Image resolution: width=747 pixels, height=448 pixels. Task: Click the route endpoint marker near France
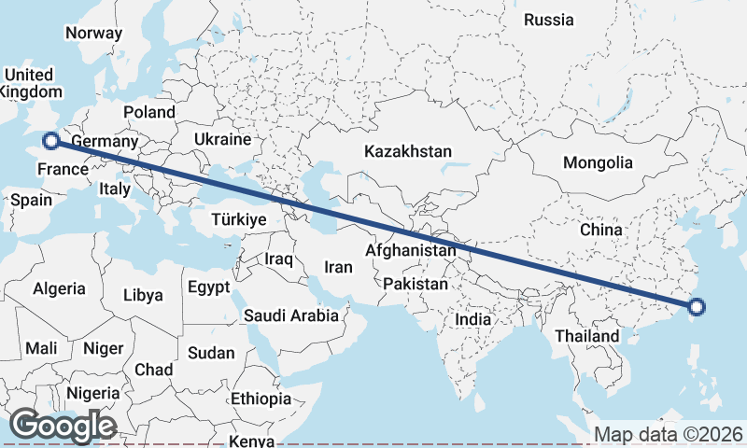51,141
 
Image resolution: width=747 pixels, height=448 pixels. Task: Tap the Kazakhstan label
408,151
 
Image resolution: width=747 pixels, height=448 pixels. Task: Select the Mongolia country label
598,162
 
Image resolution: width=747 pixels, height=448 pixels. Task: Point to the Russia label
549,20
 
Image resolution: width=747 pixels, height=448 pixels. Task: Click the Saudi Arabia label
291,315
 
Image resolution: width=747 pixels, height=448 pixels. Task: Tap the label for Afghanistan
411,251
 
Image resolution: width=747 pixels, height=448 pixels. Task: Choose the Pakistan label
416,284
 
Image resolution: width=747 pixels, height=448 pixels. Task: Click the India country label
473,319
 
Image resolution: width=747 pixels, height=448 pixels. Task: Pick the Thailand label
586,336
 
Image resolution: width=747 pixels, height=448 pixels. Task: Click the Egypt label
208,287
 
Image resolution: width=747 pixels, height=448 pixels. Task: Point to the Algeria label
59,289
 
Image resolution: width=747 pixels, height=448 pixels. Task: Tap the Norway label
93,33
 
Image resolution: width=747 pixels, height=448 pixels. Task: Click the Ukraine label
222,139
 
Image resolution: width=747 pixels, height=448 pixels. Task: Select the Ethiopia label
261,399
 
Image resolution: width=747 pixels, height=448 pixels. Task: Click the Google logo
63,426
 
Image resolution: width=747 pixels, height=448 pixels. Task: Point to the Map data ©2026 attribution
669,434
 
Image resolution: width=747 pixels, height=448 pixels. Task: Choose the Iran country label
338,267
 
